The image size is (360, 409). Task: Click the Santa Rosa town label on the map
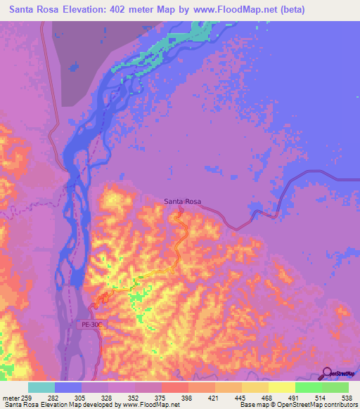click(183, 202)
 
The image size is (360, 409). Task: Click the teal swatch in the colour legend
click(41, 387)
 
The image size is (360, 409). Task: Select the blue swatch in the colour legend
click(68, 387)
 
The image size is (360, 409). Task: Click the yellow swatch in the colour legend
click(281, 387)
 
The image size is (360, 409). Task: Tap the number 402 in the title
click(134, 10)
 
